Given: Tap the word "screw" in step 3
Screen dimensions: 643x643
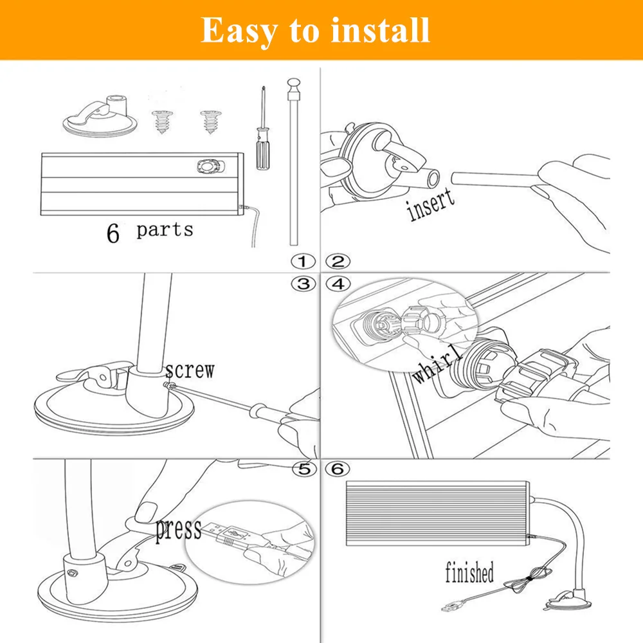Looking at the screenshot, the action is click(x=189, y=370).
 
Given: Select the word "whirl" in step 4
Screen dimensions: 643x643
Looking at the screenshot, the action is click(x=437, y=365).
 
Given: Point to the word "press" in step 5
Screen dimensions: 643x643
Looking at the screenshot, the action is click(x=178, y=530).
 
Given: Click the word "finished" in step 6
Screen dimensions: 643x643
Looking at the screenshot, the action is click(x=469, y=572).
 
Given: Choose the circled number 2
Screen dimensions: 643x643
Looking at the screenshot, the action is click(x=338, y=262).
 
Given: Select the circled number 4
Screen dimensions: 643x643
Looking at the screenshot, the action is click(x=338, y=284).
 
